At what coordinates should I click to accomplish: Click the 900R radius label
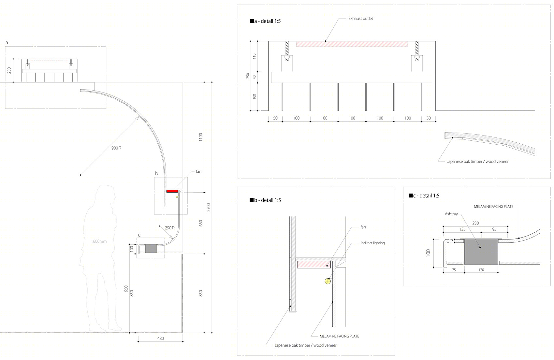[116, 148]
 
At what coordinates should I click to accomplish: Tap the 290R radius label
[170, 228]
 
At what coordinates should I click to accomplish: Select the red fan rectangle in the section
[172, 191]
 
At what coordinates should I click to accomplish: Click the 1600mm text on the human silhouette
[99, 241]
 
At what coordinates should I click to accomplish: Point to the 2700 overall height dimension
[209, 207]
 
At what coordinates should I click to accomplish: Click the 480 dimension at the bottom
[161, 338]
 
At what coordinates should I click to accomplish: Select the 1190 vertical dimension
[201, 137]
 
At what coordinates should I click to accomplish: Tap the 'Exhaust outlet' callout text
[361, 19]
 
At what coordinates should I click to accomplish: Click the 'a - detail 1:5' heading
[265, 21]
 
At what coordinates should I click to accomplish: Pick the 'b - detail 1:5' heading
[265, 200]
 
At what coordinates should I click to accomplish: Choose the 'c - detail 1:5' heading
[424, 195]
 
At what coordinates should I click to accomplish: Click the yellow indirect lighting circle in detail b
[328, 281]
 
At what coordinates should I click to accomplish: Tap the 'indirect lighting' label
[373, 243]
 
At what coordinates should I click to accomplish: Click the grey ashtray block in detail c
[481, 252]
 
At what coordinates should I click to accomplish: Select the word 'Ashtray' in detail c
[451, 214]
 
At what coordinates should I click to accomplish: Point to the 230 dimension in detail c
[475, 223]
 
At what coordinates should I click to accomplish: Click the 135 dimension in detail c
[462, 229]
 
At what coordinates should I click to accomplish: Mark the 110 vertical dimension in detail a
[254, 56]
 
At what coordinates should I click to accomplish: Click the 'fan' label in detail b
[363, 227]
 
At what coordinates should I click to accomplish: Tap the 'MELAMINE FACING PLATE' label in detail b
[339, 336]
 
